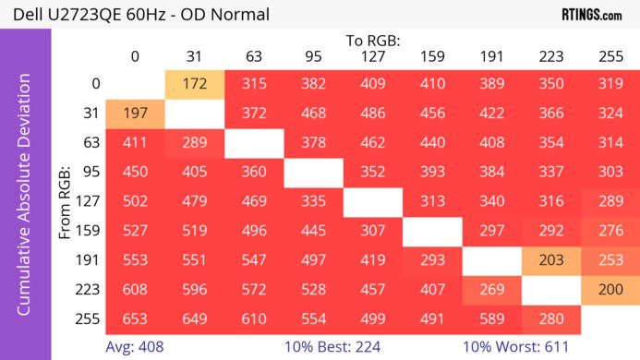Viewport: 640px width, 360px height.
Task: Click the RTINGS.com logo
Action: coord(592,15)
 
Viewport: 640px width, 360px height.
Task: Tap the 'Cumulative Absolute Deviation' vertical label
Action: coord(25,201)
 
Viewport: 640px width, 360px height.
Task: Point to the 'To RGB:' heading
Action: coord(373,41)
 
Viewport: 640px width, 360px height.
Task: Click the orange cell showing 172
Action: coord(195,84)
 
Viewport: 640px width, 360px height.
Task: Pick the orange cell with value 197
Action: coord(135,114)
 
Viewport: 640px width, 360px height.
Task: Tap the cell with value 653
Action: coord(135,318)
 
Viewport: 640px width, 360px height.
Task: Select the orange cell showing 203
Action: coord(550,260)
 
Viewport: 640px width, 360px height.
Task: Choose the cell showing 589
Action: coord(491,318)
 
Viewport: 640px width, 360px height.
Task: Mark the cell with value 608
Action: coord(135,290)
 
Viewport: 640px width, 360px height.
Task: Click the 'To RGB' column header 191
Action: coord(491,57)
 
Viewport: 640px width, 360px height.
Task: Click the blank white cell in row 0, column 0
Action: coord(135,84)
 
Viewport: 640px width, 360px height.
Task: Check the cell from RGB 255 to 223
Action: coord(550,318)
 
